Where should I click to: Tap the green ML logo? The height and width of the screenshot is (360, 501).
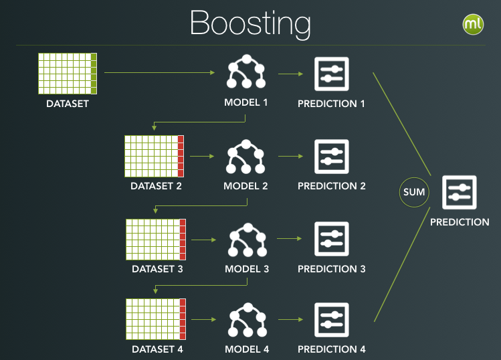coord(473,25)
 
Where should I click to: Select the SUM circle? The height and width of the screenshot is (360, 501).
coord(414,192)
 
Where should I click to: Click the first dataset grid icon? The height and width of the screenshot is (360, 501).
coord(68,74)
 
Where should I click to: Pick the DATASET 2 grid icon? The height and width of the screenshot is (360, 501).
coord(154,157)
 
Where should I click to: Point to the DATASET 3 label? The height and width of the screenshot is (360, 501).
coord(157,269)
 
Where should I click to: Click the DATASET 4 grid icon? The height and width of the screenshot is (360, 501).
coord(156,319)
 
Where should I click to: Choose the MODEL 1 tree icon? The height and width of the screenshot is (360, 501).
coord(245,73)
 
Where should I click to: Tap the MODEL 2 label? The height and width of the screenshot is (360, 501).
coord(246,186)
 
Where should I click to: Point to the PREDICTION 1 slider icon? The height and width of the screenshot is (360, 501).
coord(331,74)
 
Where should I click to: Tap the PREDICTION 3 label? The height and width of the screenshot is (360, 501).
coord(332,269)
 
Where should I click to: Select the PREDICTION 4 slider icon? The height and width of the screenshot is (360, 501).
coord(331,320)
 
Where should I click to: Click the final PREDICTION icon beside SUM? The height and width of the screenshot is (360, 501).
coord(459,193)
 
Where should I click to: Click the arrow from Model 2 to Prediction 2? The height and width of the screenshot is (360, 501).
coord(290,157)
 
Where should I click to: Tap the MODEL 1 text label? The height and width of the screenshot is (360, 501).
coord(246,104)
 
